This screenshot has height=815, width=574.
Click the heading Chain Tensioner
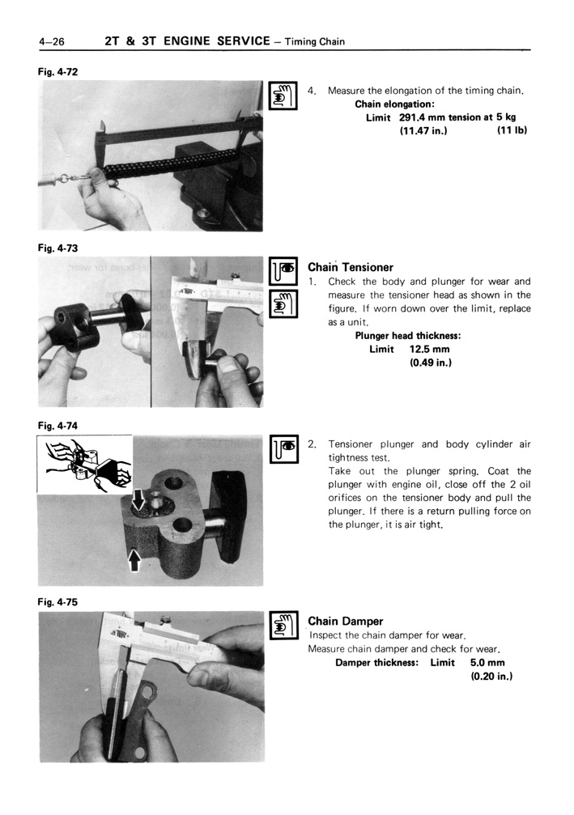pyautogui.click(x=350, y=267)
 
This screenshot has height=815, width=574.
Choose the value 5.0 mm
pyautogui.click(x=487, y=662)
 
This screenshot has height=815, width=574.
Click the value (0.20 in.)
pyautogui.click(x=491, y=676)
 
